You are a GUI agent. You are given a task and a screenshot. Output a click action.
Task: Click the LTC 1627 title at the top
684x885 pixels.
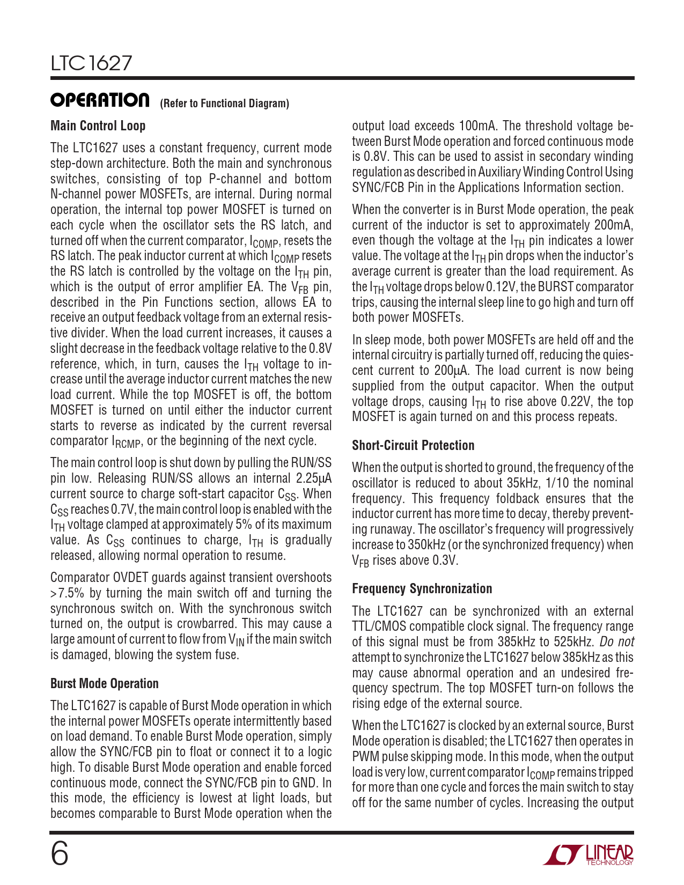[91, 63]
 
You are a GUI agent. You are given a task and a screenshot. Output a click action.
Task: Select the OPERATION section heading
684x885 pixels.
[100, 100]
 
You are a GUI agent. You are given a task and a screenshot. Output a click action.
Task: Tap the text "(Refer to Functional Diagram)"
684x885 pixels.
[224, 104]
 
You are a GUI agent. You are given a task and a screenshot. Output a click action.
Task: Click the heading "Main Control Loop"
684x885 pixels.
[98, 126]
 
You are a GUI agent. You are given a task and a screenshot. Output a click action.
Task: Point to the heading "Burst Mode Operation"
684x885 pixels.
[104, 684]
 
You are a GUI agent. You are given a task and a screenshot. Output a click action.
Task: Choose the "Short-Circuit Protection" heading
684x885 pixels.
[413, 446]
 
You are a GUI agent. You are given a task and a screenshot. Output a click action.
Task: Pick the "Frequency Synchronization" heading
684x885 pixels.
[422, 589]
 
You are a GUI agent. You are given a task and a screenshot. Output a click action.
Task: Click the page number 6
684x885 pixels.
[60, 854]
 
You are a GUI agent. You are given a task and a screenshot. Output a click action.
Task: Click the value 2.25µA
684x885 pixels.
[314, 478]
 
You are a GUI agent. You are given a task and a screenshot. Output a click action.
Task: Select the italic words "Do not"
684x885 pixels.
[617, 642]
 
